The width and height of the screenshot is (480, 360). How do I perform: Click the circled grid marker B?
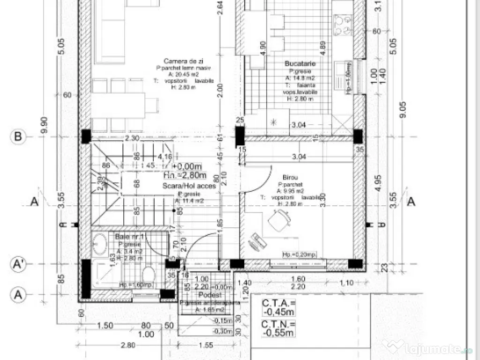coord(18,137)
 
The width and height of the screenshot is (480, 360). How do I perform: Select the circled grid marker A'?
coord(18,264)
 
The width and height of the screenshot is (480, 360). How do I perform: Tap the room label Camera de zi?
coord(180,61)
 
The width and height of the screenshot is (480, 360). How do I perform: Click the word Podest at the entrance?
coord(206,294)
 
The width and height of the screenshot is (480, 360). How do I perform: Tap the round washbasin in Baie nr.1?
coord(100,244)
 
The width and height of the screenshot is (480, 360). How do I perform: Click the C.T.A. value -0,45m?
coord(279,307)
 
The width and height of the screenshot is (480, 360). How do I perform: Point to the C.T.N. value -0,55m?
coord(278,329)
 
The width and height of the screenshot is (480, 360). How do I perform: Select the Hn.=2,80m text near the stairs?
coord(185,175)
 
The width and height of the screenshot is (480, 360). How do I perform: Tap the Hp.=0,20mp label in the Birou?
coord(299,254)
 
